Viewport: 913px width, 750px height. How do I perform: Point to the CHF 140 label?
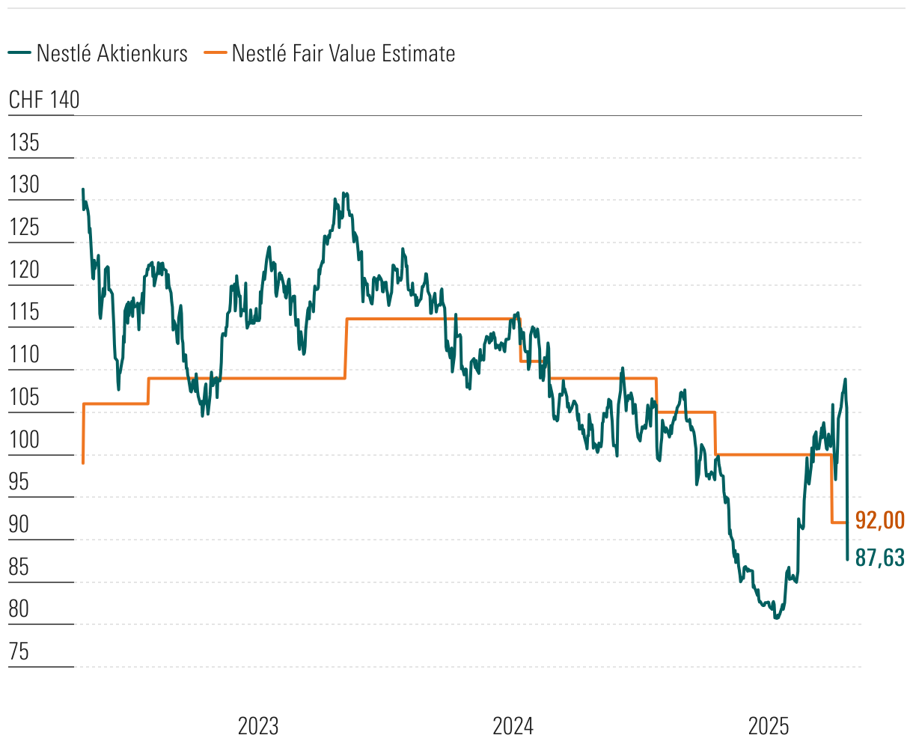[44, 100]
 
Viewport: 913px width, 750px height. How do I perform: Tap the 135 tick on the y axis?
[24, 142]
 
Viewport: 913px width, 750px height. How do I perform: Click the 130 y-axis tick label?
[24, 185]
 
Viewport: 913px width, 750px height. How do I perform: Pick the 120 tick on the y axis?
[24, 269]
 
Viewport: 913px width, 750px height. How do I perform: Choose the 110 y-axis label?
[24, 354]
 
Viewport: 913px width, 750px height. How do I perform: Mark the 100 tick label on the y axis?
[24, 439]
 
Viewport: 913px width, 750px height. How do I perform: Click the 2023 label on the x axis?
[258, 726]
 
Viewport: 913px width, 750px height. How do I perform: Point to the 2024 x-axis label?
[513, 726]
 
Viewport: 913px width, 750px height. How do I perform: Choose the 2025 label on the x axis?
[769, 726]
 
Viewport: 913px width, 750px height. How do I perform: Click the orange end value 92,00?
[880, 519]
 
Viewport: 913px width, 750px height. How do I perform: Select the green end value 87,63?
[880, 558]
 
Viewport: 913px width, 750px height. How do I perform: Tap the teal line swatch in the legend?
[19, 54]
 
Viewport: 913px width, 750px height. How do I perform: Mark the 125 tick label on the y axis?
[24, 227]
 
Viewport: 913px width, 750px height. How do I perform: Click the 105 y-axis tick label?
[24, 397]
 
